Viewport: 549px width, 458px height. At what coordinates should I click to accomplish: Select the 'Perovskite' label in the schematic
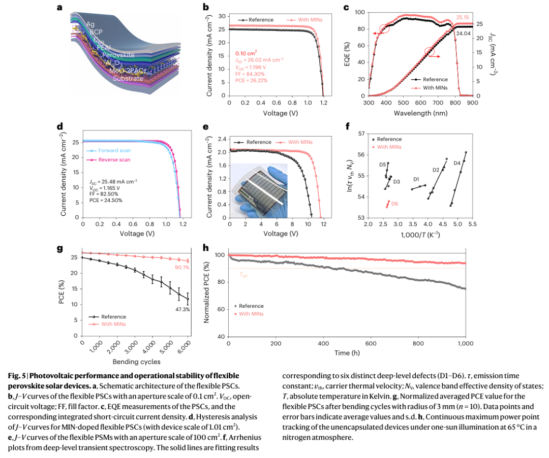(x=118, y=55)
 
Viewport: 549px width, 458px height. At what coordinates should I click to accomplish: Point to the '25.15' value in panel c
(x=463, y=17)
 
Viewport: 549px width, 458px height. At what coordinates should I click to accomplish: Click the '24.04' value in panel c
(x=463, y=34)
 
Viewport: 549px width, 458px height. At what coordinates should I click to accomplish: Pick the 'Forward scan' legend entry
(x=115, y=151)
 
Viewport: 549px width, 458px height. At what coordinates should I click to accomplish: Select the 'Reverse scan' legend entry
(x=114, y=159)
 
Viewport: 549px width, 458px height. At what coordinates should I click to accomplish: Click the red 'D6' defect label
(x=394, y=203)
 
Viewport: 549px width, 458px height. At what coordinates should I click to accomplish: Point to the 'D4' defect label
(x=457, y=163)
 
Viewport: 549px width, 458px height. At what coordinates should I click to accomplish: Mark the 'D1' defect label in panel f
(x=416, y=179)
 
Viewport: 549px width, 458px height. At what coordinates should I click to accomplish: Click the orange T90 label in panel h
(x=243, y=274)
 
